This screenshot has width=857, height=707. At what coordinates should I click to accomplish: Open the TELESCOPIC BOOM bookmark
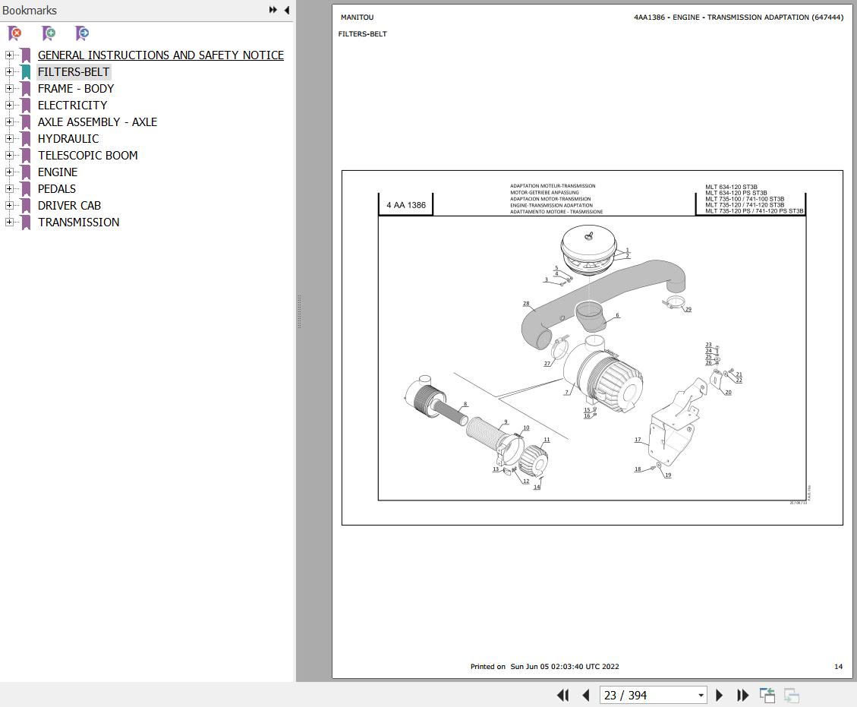click(x=87, y=155)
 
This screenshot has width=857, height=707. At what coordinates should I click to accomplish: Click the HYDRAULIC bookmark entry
click(x=68, y=138)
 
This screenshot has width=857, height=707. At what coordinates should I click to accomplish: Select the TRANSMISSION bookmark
click(x=78, y=222)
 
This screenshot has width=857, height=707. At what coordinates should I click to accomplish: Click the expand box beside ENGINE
click(x=9, y=172)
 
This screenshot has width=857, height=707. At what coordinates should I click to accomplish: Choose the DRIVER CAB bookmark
click(x=69, y=205)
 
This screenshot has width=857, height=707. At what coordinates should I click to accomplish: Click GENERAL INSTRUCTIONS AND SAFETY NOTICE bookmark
click(x=160, y=55)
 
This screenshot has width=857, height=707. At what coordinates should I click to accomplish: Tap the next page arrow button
click(x=720, y=695)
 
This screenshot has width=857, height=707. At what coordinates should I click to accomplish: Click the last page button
click(x=743, y=695)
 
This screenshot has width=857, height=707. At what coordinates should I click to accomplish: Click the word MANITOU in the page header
click(x=357, y=17)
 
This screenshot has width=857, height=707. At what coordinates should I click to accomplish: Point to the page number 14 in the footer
click(x=838, y=667)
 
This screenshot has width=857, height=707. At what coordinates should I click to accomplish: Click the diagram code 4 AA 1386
click(x=406, y=205)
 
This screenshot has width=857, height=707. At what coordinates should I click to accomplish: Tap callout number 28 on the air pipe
click(x=526, y=304)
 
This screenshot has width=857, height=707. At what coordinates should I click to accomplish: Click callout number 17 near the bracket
click(x=638, y=440)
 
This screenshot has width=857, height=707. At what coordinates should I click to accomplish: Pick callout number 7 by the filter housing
click(x=566, y=393)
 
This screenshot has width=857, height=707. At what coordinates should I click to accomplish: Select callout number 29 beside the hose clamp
click(x=688, y=309)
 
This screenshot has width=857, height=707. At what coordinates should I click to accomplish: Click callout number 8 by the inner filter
click(x=465, y=404)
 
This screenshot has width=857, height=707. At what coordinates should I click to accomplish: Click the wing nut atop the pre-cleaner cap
click(x=588, y=236)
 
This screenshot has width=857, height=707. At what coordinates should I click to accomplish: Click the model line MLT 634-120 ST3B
click(x=731, y=187)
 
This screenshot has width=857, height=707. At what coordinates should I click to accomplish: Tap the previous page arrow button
click(x=586, y=695)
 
